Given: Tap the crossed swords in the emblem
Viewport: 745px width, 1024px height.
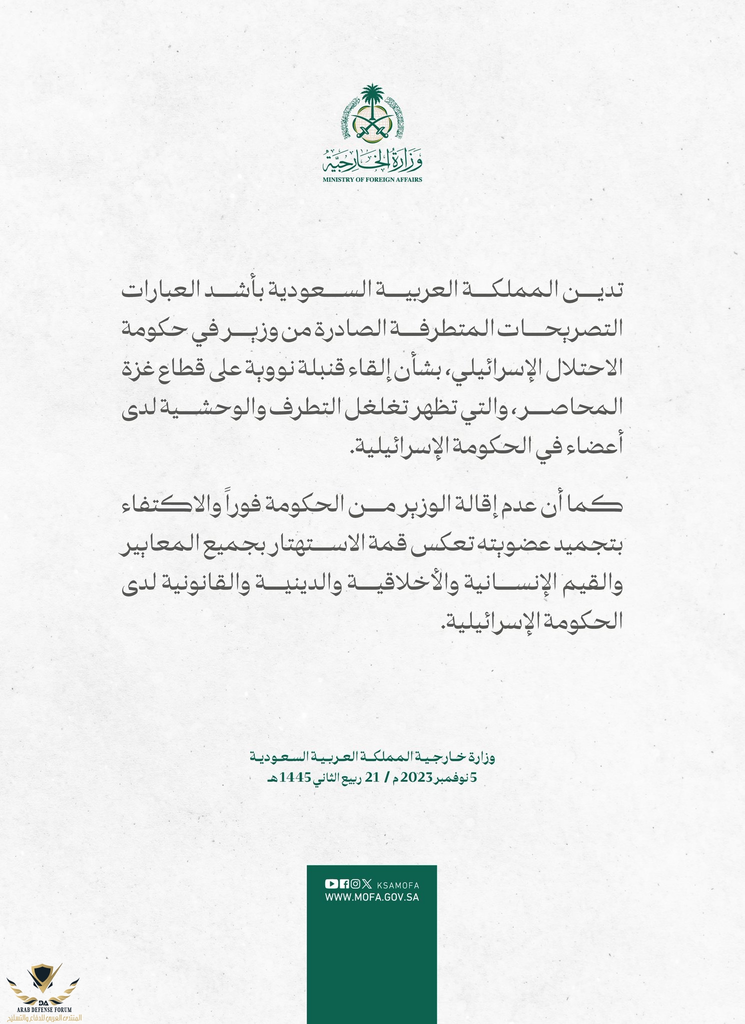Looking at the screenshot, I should coord(372,127).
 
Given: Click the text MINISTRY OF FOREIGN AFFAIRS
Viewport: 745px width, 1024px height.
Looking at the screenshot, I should coord(372,179).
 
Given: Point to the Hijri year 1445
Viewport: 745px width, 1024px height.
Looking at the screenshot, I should coord(297,778).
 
